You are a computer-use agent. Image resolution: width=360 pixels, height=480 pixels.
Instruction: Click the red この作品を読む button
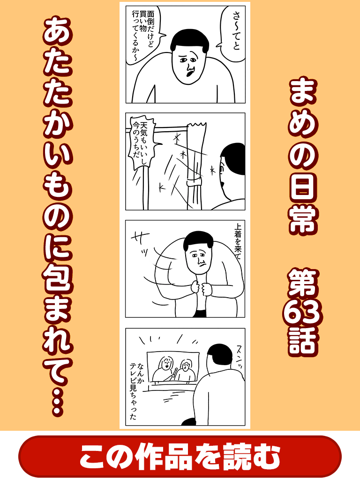coord(180,456)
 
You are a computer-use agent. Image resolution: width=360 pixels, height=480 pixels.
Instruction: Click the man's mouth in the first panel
coord(189,72)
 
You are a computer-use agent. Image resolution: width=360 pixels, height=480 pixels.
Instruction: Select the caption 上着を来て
coord(238,242)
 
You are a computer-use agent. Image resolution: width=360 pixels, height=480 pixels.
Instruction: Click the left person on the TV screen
coord(165,368)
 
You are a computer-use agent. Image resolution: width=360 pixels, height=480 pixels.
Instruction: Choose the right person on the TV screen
coord(185,371)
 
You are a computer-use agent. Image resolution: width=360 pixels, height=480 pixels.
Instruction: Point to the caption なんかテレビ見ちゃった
coord(137,391)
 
